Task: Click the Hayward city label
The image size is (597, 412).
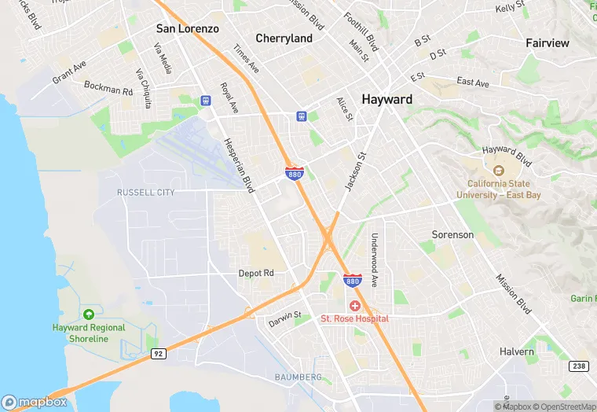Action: tap(386, 100)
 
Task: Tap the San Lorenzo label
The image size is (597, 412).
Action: tap(187, 28)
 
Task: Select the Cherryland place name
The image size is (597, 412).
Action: tap(284, 38)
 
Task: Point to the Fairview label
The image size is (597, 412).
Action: tap(548, 43)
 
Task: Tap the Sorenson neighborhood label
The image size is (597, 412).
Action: tap(452, 234)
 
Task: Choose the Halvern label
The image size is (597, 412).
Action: tap(517, 351)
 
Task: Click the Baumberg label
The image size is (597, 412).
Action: tap(298, 377)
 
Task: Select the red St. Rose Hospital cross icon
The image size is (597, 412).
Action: tap(354, 305)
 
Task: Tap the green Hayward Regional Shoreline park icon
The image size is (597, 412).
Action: tap(88, 315)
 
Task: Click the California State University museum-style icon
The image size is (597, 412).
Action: tap(498, 170)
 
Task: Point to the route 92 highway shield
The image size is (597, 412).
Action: tap(157, 355)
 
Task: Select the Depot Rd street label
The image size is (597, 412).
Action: tap(256, 273)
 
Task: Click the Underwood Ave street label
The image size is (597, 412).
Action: tap(375, 260)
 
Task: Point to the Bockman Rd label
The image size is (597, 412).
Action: tap(108, 90)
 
